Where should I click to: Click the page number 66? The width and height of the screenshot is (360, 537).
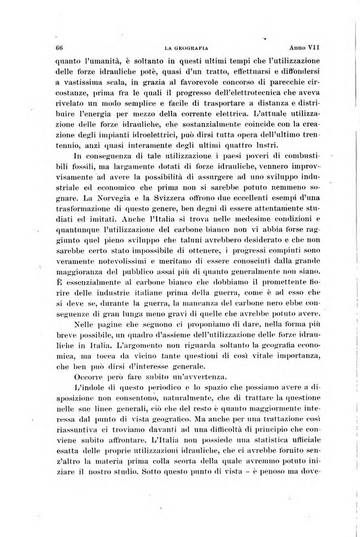coord(59,48)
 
